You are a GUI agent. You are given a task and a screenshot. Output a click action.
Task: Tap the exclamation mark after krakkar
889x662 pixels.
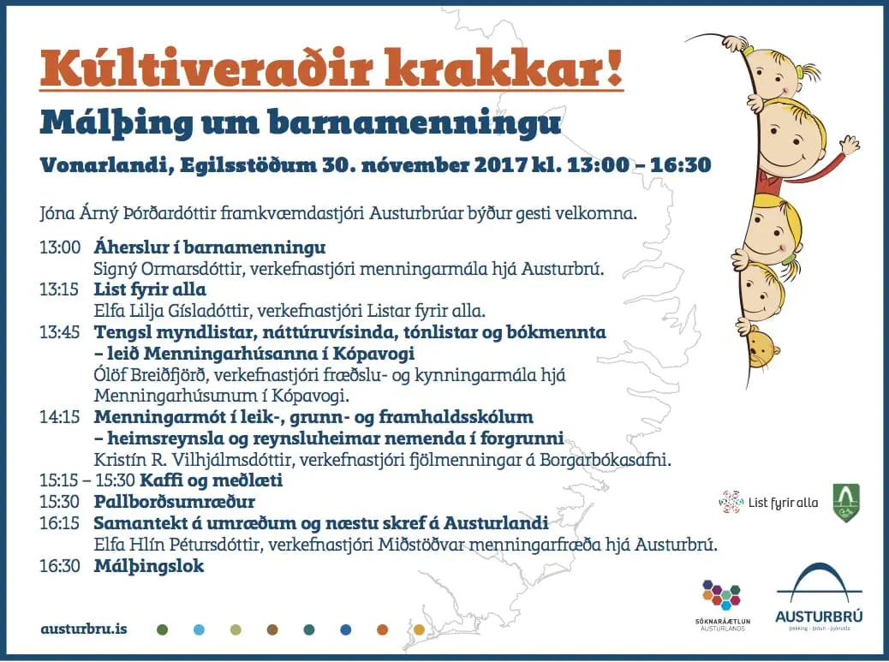(x=615, y=67)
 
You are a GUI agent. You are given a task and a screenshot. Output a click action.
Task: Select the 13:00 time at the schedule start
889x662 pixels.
(x=60, y=248)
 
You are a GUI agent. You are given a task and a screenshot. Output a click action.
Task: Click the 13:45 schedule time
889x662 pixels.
(x=60, y=332)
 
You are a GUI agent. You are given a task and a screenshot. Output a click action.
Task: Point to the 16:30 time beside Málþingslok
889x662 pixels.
(x=60, y=565)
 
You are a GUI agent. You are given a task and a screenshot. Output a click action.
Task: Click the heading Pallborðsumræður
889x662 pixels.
(x=175, y=502)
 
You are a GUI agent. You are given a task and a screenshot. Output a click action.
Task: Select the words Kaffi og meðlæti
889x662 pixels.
(x=211, y=480)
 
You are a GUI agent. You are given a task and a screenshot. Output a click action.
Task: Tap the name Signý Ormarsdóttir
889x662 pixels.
(x=168, y=269)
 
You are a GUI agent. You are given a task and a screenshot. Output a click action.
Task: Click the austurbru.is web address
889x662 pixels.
(x=84, y=629)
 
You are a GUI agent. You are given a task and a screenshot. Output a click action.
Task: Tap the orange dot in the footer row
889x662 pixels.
(x=383, y=629)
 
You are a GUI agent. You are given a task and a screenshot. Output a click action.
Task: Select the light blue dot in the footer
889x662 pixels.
(x=199, y=629)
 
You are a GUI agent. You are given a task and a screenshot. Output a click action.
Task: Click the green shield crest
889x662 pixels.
(x=846, y=503)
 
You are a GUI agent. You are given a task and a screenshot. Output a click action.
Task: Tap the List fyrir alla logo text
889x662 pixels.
(x=783, y=503)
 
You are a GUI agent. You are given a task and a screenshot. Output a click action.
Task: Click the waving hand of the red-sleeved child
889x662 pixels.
(x=850, y=146)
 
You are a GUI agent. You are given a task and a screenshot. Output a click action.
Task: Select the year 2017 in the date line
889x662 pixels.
(x=501, y=165)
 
